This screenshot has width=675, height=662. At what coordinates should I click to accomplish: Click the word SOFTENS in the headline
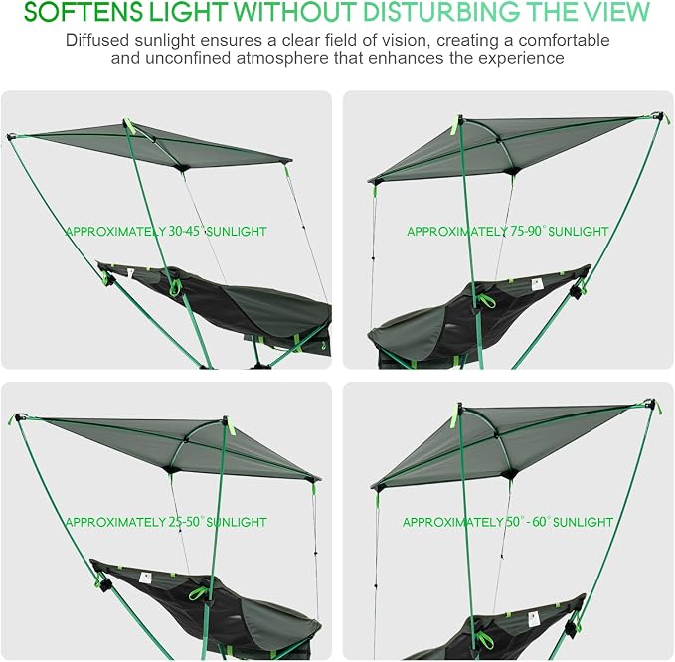[84, 12]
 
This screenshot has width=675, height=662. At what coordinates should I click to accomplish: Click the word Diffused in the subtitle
[97, 40]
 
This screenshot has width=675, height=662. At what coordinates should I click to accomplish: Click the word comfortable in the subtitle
[564, 40]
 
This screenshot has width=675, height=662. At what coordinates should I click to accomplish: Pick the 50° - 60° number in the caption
[527, 522]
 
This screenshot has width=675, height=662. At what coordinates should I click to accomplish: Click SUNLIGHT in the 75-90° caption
[579, 232]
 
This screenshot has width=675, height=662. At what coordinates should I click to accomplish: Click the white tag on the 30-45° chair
[130, 273]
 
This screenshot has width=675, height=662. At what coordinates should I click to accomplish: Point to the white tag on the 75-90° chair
[536, 284]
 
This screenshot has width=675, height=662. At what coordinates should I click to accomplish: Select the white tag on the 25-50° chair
[145, 578]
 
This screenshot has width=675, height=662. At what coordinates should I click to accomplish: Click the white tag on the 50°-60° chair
[534, 620]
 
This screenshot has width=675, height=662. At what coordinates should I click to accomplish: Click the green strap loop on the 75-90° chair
[486, 300]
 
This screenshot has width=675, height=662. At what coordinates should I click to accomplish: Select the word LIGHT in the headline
[188, 12]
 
